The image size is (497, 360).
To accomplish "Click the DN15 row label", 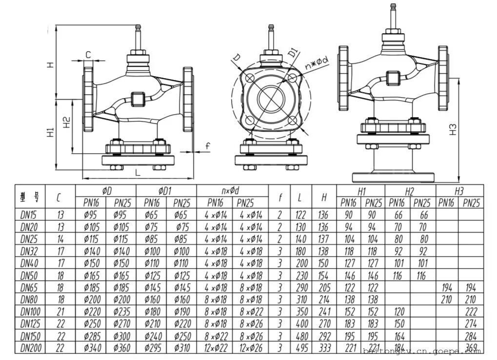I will pyautogui.click(x=30, y=215).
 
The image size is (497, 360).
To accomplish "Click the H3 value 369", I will pyautogui.click(x=471, y=348).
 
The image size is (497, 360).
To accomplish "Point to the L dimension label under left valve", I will pyautogui.click(x=138, y=172).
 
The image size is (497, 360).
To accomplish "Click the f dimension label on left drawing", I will pyautogui.click(x=207, y=146).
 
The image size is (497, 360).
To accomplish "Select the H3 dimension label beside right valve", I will pyautogui.click(x=453, y=129).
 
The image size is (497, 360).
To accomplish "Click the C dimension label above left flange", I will pyautogui.click(x=88, y=55).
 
